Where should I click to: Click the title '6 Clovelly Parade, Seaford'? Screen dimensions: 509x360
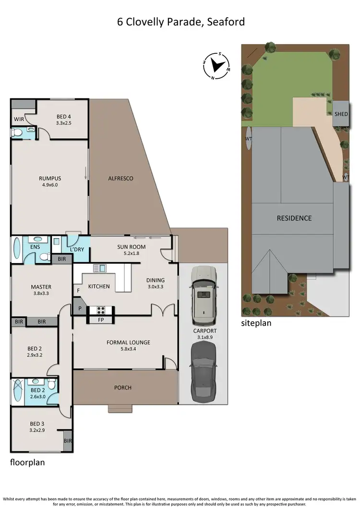[181, 22]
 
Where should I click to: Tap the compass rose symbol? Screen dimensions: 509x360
[216, 66]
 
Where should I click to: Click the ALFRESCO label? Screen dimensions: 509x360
[120, 178]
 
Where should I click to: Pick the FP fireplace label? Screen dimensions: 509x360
[100, 319]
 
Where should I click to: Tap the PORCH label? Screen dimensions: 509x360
[122, 388]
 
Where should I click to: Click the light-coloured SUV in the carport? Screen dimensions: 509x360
[204, 295]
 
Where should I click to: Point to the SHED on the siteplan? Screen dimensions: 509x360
[341, 114]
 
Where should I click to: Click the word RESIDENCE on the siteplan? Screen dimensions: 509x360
[294, 218]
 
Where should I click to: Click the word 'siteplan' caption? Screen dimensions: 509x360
[256, 323]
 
